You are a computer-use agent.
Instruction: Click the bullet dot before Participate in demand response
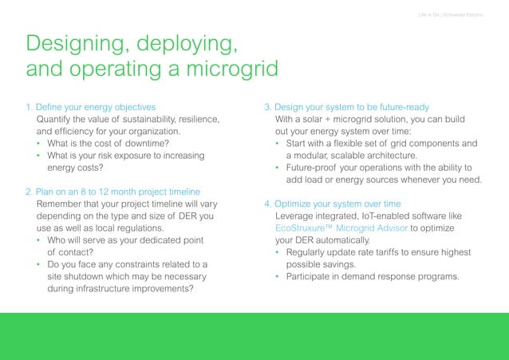click(278, 277)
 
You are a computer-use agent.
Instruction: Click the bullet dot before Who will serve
click(40, 240)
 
